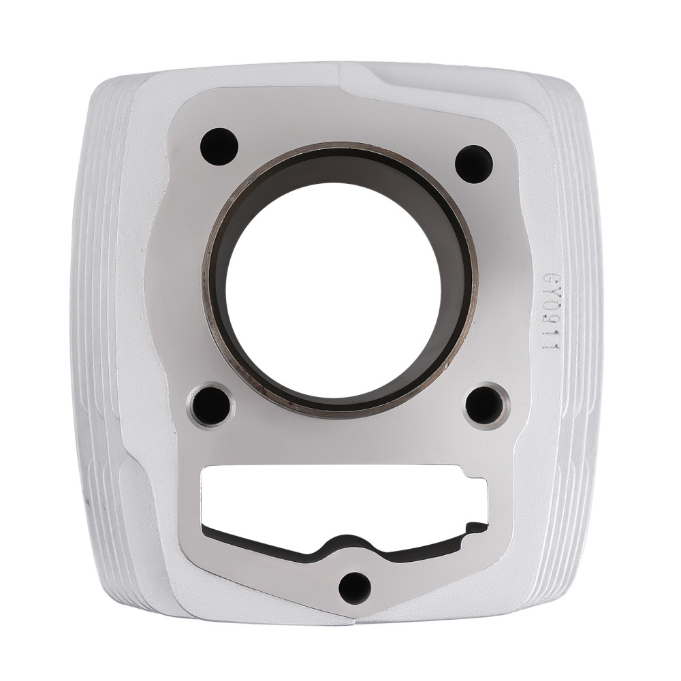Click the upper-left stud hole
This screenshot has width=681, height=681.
pyautogui.click(x=219, y=146)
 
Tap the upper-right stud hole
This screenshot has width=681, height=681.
pyautogui.click(x=474, y=163)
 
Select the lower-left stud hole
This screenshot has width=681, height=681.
pyautogui.click(x=211, y=405)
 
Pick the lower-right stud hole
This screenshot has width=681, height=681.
pyautogui.click(x=485, y=405)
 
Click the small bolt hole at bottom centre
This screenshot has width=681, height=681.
pyautogui.click(x=355, y=587)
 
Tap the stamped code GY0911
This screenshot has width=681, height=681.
pyautogui.click(x=550, y=311)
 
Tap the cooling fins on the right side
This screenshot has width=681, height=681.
pyautogui.click(x=586, y=340)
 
